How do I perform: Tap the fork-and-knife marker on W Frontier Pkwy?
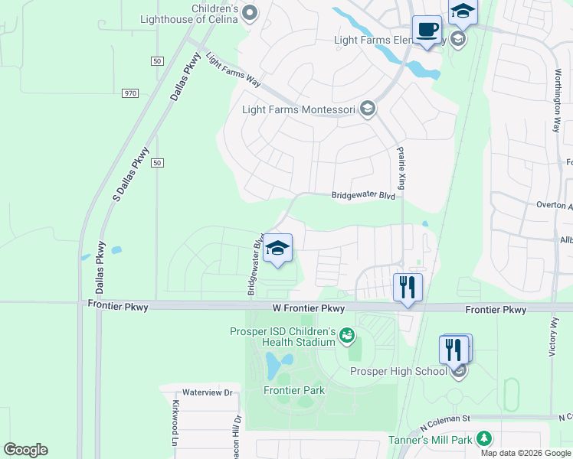tap(408, 288)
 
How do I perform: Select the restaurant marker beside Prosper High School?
tap(454, 350)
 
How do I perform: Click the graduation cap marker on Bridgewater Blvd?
tap(277, 249)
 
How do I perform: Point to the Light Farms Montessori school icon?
tap(368, 109)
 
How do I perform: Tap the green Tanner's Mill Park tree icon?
tap(483, 438)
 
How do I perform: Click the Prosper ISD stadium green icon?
tap(347, 335)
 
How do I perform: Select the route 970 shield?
tap(129, 93)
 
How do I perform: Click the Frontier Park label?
tap(294, 390)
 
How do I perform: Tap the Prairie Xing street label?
tap(400, 168)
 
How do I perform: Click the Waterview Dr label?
tap(207, 392)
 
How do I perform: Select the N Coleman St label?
tap(444, 419)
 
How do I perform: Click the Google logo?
tap(25, 450)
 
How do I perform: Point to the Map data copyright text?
tap(525, 453)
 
